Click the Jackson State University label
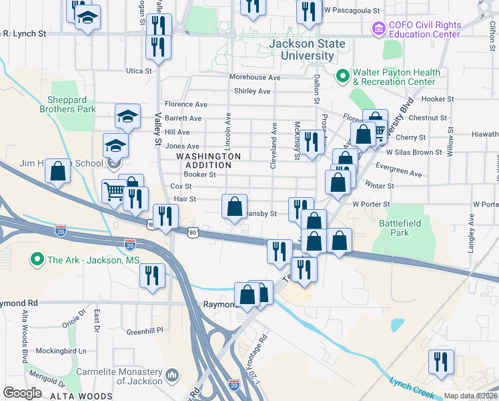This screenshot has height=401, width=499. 308,50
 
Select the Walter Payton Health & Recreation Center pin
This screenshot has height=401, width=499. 343,76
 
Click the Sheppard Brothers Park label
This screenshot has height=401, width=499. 67,104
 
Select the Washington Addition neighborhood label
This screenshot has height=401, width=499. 208,160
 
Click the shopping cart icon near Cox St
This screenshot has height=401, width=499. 114,190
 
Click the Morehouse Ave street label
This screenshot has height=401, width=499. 255,78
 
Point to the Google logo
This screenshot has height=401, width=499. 22,393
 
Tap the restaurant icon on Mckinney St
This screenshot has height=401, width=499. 310,142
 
